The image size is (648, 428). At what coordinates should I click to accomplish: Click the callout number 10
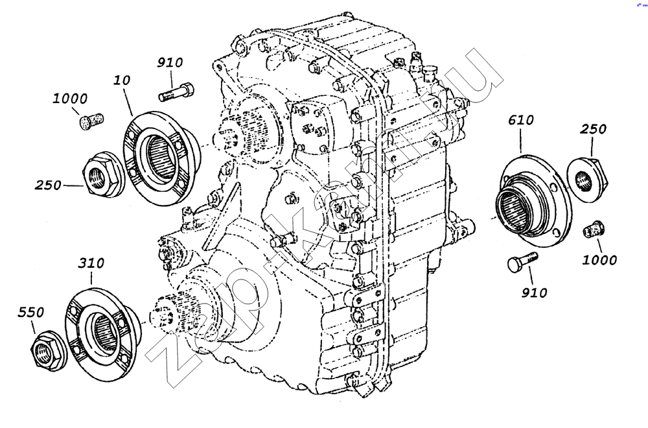[122, 80]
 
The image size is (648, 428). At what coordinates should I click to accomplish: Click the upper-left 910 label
[169, 63]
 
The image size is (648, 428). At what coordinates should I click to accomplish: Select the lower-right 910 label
[534, 292]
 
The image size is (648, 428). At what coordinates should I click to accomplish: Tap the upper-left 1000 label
[70, 99]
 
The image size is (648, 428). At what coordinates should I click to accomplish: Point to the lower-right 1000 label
[599, 260]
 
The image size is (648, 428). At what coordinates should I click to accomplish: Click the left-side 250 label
[48, 185]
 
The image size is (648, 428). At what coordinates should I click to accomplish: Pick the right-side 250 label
[593, 129]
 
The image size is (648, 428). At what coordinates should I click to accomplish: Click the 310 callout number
[91, 263]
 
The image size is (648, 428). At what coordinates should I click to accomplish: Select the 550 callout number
[30, 312]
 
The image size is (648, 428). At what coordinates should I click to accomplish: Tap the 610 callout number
[521, 121]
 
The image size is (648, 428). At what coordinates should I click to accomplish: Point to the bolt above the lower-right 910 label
[522, 262]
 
